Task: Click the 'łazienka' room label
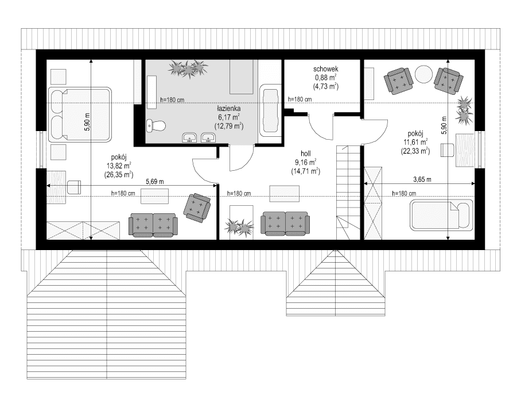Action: click(228, 108)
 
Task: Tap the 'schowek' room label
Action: click(325, 67)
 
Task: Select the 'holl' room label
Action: click(305, 153)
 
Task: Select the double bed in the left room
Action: click(79, 114)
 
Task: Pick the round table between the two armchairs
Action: click(424, 75)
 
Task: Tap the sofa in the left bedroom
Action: click(153, 224)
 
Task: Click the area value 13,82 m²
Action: click(118, 165)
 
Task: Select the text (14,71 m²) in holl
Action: click(305, 171)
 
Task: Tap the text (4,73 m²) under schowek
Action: click(325, 86)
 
